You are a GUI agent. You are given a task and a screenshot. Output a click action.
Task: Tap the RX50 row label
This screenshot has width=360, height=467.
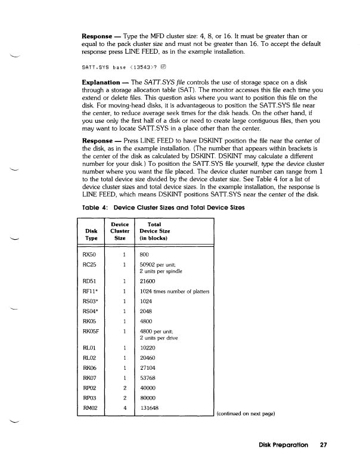89,254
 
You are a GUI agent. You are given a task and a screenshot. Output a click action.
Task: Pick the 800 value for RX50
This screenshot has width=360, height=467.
145,254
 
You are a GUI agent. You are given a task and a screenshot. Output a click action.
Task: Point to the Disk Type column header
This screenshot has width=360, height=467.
91,232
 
